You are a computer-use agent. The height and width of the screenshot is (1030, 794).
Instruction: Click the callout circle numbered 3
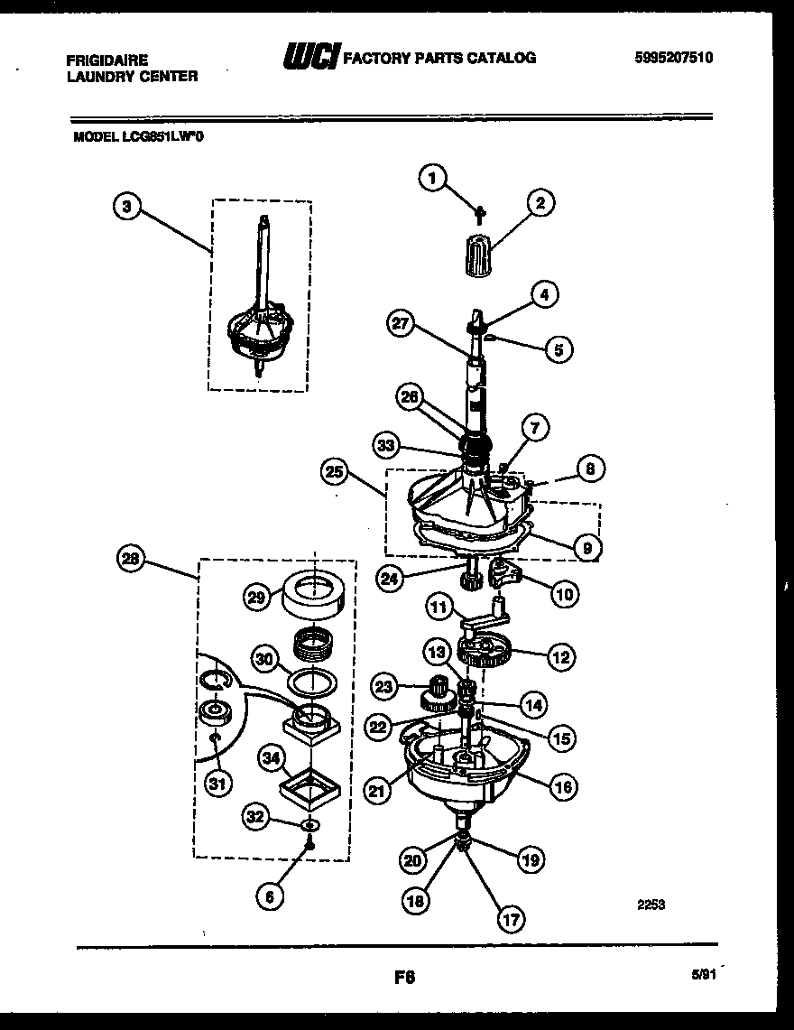coord(127,207)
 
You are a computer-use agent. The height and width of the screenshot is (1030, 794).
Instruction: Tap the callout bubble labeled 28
coord(132,560)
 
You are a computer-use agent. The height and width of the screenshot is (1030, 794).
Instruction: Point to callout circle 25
coord(335,470)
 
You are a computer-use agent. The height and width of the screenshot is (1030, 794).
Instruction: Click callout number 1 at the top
coord(433,179)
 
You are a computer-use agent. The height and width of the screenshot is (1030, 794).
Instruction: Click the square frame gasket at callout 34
coord(310,787)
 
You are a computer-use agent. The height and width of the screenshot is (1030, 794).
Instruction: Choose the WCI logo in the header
coord(310,57)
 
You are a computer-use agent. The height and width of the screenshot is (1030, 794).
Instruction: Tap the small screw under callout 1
coord(480,211)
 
